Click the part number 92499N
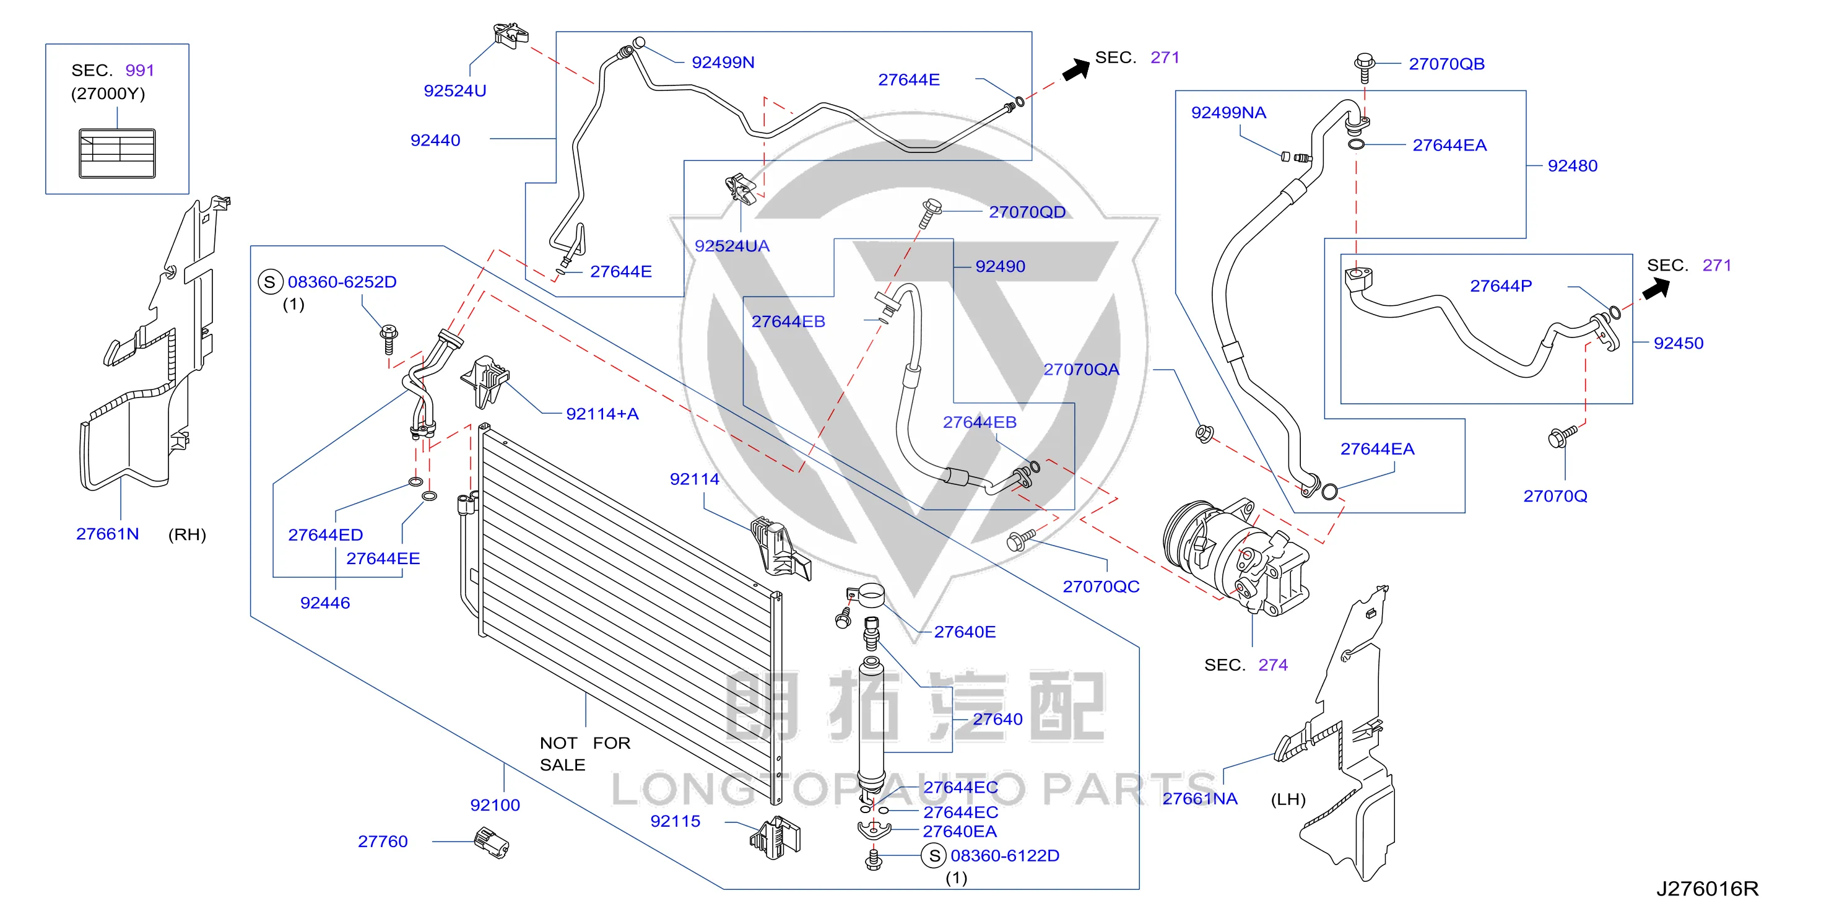point(723,63)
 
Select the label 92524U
point(454,91)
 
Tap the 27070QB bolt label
point(1446,64)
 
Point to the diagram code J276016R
point(1707,889)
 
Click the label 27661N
point(107,534)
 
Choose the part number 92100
point(495,806)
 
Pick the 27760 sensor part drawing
point(492,842)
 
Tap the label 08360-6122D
point(1005,856)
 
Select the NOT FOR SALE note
point(585,754)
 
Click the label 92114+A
point(602,414)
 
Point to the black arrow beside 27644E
point(1075,69)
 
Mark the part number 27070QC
point(1100,586)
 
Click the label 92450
point(1679,343)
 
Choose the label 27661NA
point(1199,799)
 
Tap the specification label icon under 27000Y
point(117,154)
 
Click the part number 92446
point(325,603)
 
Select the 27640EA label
point(959,832)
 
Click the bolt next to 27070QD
point(929,212)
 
